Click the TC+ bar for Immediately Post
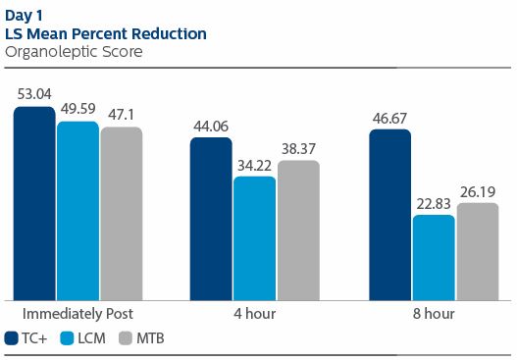pos(34,203)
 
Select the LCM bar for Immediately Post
pos(78,210)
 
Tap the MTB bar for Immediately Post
pos(121,213)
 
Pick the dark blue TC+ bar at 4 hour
pos(211,219)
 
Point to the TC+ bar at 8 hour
pos(390,214)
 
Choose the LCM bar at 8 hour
pos(434,257)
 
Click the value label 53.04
pos(34,94)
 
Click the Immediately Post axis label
pos(78,314)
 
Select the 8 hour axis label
pos(434,314)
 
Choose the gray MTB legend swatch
pos(126,338)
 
